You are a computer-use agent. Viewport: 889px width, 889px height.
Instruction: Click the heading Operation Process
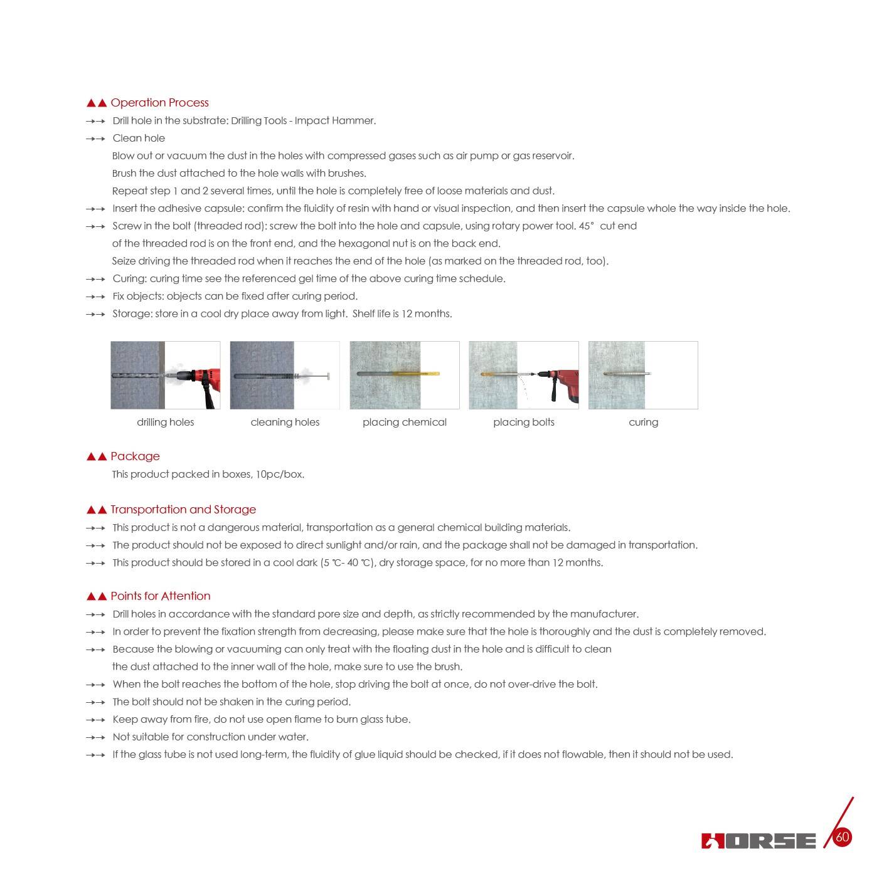coord(159,103)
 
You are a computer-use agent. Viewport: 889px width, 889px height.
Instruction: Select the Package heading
coord(135,456)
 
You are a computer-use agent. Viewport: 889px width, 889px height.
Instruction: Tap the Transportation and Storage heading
coord(183,510)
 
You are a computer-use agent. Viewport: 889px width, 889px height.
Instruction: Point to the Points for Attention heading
coord(161,596)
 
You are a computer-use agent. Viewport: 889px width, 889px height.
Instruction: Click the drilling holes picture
coord(166,376)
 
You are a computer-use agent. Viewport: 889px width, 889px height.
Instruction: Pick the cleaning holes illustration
coord(285,376)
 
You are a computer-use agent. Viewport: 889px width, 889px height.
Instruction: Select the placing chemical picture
coord(405,376)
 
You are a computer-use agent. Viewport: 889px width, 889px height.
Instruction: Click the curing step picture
coord(643,376)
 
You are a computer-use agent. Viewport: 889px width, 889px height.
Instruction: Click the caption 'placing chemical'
coord(405,423)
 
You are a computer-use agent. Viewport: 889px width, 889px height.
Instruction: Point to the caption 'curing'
coord(643,423)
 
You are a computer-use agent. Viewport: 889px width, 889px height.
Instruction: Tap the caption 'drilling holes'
coord(166,423)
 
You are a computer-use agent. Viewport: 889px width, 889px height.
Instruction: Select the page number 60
coord(843,837)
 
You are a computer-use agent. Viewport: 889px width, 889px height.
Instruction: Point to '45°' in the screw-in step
coord(586,226)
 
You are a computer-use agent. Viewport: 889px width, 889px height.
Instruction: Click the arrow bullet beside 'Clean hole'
coord(95,139)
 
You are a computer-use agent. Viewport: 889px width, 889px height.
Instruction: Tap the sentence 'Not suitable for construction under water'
coord(210,737)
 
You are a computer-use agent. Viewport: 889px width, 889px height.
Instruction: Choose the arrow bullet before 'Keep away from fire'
coord(95,720)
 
